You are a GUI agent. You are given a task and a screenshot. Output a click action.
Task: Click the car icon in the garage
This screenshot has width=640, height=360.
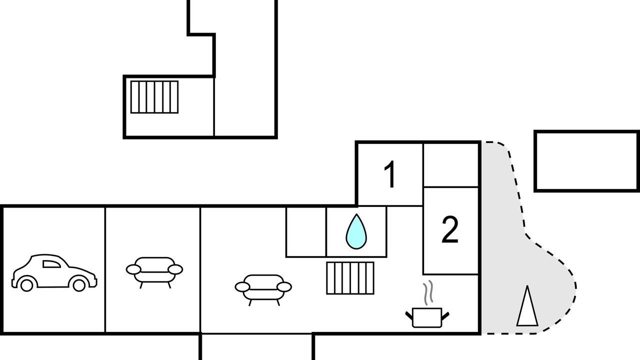(x=54, y=273)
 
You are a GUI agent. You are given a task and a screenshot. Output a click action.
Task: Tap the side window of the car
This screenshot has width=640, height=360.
(x=51, y=264)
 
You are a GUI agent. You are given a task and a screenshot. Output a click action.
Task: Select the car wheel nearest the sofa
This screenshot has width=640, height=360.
(x=79, y=285)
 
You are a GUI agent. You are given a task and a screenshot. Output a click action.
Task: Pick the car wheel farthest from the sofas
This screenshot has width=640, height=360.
(x=27, y=285)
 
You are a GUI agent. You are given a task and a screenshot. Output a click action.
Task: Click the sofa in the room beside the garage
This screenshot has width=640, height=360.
(x=154, y=272)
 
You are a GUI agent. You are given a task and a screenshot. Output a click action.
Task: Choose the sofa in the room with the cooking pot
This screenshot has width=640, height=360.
(x=263, y=289)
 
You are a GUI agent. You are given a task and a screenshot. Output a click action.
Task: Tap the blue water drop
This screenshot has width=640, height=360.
(x=356, y=232)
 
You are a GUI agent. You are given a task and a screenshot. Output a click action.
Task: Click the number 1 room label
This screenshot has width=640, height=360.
(x=390, y=174)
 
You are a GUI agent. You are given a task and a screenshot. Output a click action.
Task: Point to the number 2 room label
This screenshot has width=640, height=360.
(x=449, y=229)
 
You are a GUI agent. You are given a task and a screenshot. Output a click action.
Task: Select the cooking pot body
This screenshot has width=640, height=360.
(x=427, y=317)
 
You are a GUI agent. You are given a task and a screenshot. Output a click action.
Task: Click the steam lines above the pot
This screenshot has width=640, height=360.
(x=428, y=292)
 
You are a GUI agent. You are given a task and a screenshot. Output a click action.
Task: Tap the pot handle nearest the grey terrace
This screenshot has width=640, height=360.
(x=445, y=316)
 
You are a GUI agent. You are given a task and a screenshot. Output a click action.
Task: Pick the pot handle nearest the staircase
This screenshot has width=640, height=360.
(x=409, y=316)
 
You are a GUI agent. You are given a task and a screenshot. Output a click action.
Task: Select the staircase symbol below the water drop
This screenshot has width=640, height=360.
(x=350, y=278)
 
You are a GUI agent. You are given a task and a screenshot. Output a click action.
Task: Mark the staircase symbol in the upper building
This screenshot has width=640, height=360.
(x=154, y=97)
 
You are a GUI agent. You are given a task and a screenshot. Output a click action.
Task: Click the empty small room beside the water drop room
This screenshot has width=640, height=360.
(x=306, y=231)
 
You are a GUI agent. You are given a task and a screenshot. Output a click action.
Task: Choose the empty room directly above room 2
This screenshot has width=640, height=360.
(x=451, y=165)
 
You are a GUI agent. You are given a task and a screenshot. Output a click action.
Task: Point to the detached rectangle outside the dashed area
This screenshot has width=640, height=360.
(x=586, y=161)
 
